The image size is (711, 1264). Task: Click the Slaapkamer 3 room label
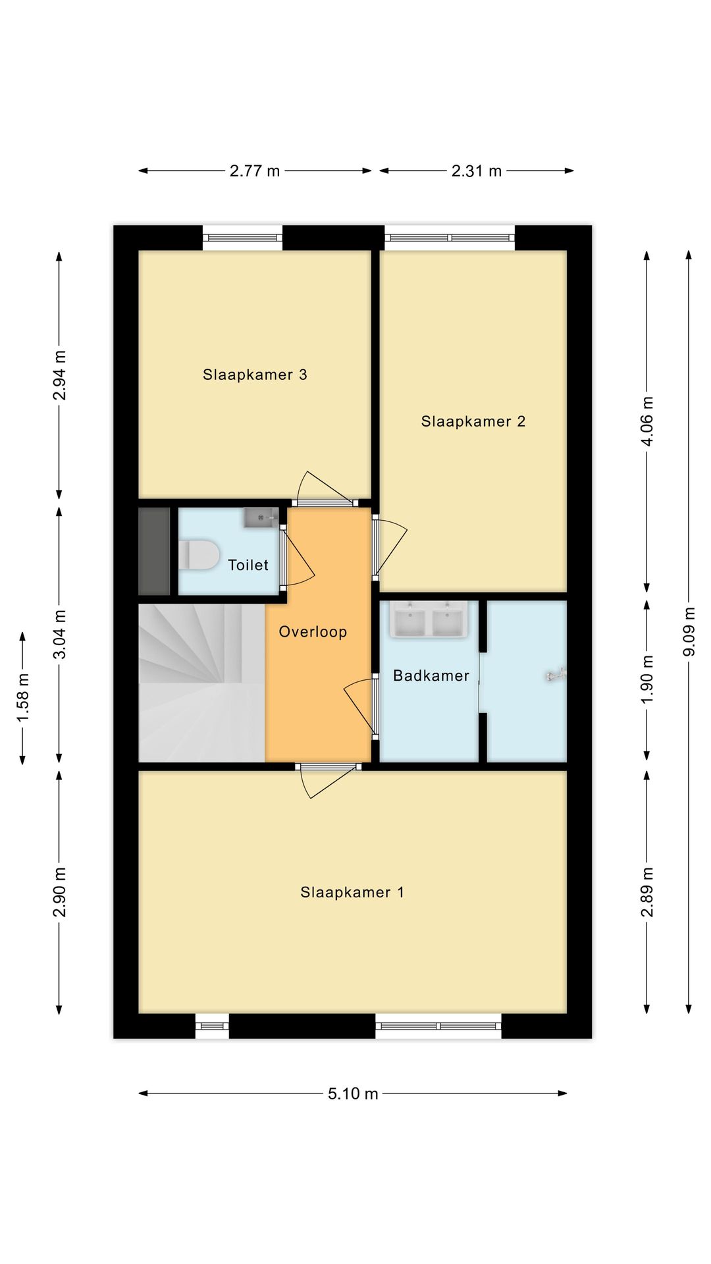click(x=255, y=375)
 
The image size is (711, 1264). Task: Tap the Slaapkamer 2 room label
click(x=473, y=421)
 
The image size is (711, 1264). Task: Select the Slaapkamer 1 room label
click(x=352, y=892)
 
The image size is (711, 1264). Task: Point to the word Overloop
click(x=313, y=632)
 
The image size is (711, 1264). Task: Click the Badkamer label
click(x=431, y=675)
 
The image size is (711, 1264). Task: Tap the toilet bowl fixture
click(x=198, y=554)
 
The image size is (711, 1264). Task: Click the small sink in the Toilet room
click(x=261, y=517)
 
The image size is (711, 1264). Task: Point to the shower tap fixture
click(x=556, y=675)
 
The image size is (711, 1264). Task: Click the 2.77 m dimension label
click(x=255, y=171)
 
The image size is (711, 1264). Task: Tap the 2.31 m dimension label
click(x=477, y=171)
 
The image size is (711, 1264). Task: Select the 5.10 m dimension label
click(x=353, y=1093)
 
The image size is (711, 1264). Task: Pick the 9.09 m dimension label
click(x=689, y=632)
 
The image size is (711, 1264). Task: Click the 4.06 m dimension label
click(x=647, y=421)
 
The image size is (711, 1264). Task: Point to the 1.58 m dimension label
click(x=23, y=697)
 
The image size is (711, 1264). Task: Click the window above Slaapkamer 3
click(x=242, y=238)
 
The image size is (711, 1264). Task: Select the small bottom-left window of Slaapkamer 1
click(x=212, y=1026)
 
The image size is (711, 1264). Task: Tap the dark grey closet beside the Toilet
click(x=155, y=551)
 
